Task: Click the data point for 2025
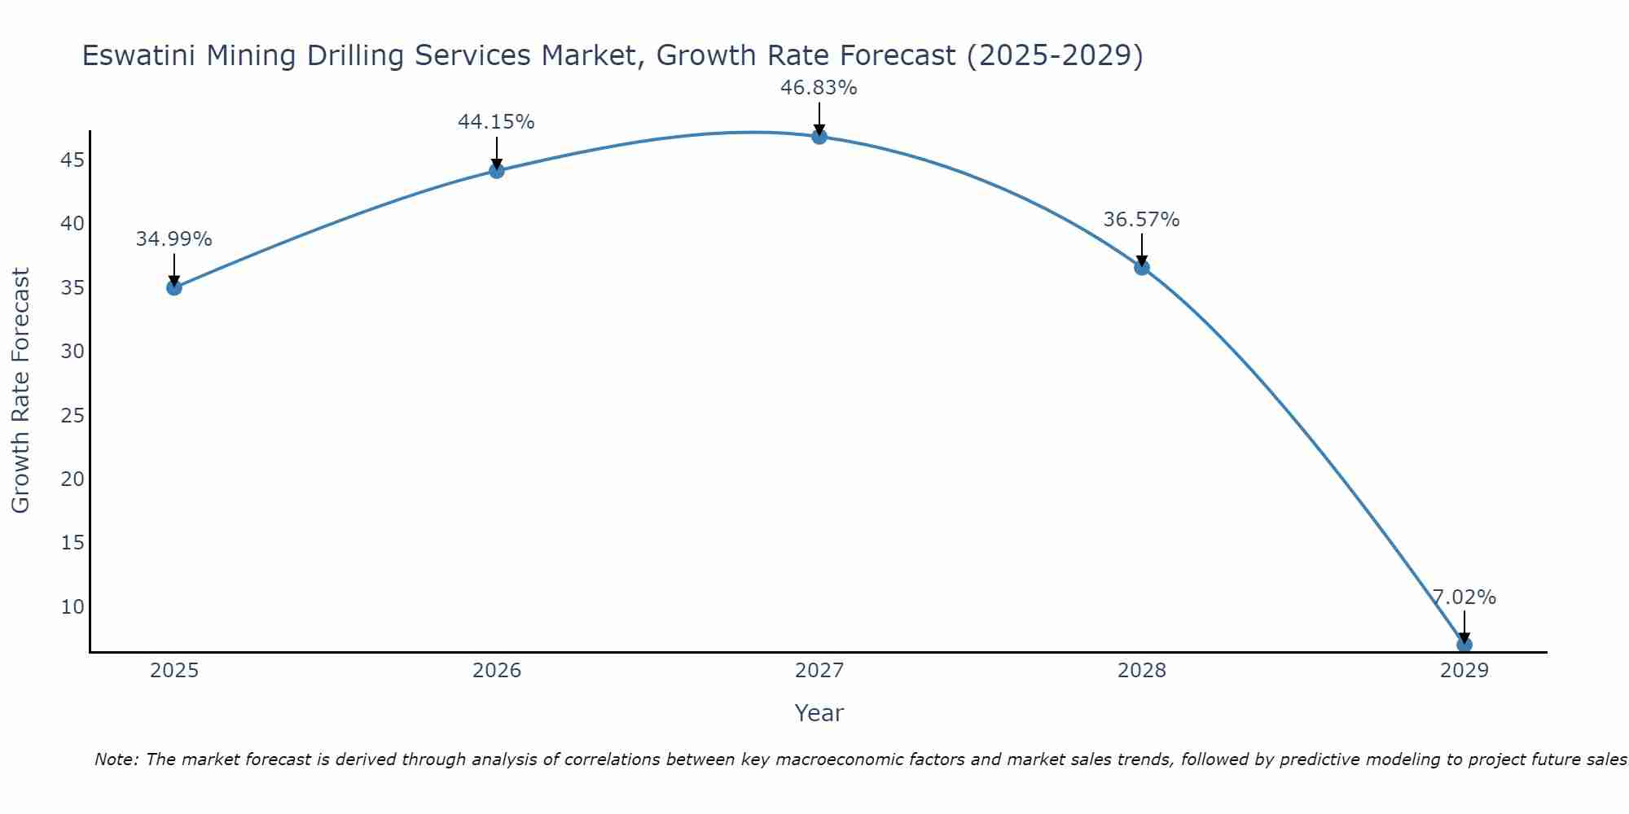point(174,287)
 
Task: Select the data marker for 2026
point(497,170)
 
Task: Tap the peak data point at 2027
point(819,137)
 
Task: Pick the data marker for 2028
point(1142,267)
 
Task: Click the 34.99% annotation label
point(173,239)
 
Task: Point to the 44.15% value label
point(496,122)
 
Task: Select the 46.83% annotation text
point(819,88)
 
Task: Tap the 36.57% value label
point(1141,220)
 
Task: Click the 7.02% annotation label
point(1464,597)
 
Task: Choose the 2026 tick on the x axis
point(497,671)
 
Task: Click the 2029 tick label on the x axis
point(1464,671)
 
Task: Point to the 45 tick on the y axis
point(72,160)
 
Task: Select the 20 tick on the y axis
point(72,479)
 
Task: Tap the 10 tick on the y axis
point(72,606)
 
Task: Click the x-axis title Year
point(819,713)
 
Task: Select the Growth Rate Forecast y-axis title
point(20,391)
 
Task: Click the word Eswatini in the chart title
point(138,56)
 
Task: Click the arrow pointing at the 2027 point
point(819,118)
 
